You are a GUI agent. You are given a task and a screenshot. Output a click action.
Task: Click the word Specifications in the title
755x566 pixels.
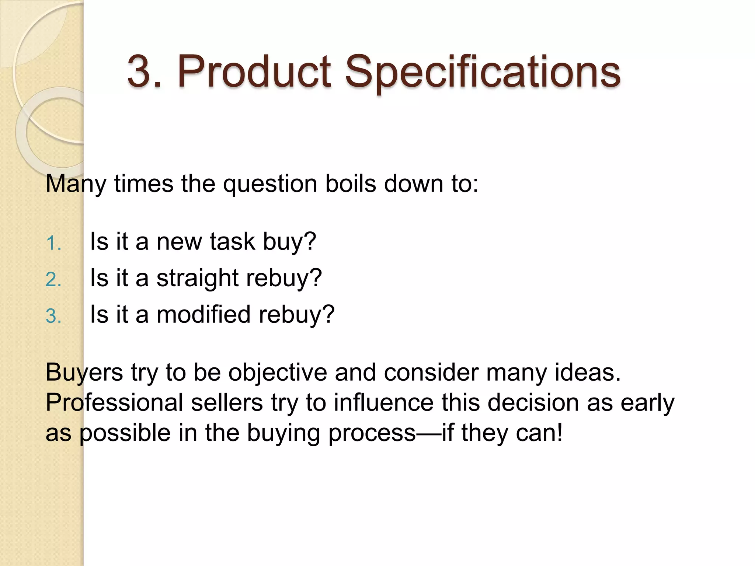[x=483, y=72]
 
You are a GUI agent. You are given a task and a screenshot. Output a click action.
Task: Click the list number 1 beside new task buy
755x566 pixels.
[x=53, y=244]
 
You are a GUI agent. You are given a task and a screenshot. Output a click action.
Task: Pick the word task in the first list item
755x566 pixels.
[x=232, y=242]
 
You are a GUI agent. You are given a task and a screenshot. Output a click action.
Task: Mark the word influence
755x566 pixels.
[x=383, y=402]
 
